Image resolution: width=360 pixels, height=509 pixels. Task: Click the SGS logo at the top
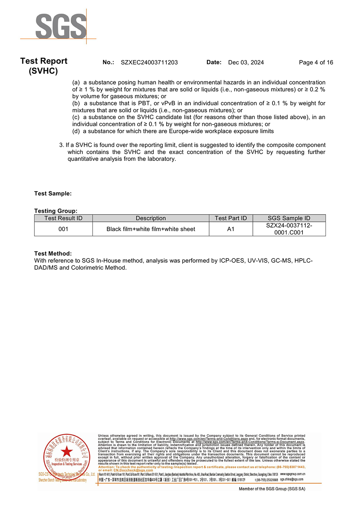coord(61,26)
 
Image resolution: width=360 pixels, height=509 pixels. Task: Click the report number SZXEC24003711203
coord(149,62)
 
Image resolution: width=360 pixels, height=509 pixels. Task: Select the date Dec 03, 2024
coord(246,62)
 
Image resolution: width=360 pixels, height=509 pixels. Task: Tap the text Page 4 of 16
coord(316,62)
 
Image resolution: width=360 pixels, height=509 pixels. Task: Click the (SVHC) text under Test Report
coord(43,71)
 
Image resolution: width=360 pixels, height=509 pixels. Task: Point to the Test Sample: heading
coord(53,194)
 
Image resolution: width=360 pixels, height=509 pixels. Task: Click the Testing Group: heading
coord(56,211)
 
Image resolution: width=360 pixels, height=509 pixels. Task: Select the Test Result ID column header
coord(63,218)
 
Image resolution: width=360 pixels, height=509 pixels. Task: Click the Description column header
coord(150,218)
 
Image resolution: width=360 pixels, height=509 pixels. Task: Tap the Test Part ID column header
coord(231,218)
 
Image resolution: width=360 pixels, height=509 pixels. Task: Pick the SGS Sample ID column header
coord(289,218)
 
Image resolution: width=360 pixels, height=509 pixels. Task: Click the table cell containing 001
coord(63,229)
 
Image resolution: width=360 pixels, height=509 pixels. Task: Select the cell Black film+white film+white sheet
coord(150,229)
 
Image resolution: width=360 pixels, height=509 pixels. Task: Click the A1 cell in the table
coord(231,229)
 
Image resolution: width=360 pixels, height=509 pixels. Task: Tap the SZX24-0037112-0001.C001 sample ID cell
coord(289,229)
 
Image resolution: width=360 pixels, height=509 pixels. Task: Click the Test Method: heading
coord(53,253)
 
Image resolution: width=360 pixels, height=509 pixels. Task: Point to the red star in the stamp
coord(67,451)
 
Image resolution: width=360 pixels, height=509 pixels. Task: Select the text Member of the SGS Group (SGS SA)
coord(272,489)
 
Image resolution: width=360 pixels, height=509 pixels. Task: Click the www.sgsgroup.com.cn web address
coord(292,474)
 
